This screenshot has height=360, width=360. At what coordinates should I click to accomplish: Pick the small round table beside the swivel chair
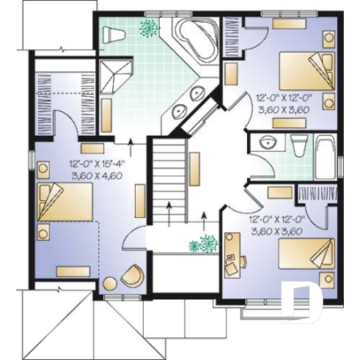click(x=110, y=283)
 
